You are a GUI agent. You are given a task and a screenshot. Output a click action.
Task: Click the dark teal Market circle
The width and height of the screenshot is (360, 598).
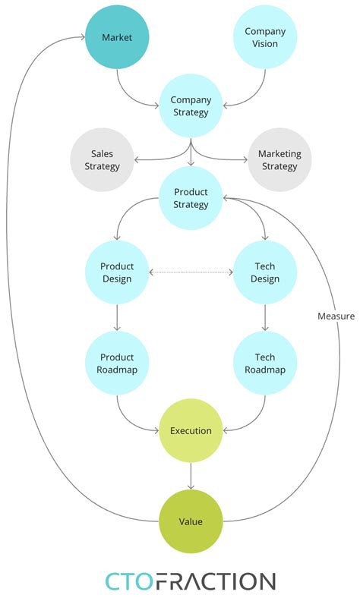[117, 38]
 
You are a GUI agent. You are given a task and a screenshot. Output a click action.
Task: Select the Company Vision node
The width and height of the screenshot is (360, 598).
[265, 38]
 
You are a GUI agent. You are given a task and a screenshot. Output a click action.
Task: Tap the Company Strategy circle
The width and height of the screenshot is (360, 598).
[191, 106]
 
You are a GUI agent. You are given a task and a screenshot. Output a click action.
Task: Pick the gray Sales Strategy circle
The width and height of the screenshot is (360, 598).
[102, 160]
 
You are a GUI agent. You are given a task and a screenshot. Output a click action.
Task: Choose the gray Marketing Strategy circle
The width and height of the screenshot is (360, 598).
[279, 160]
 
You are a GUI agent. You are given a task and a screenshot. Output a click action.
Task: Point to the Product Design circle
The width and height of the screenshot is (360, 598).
[117, 272]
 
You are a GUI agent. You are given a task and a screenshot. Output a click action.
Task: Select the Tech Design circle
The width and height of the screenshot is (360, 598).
[264, 272]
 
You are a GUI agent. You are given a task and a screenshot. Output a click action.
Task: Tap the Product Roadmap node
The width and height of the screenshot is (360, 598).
[117, 364]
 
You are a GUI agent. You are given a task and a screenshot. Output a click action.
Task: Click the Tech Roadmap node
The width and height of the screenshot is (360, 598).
[264, 364]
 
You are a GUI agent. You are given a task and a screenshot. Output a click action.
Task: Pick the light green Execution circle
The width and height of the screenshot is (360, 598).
[191, 431]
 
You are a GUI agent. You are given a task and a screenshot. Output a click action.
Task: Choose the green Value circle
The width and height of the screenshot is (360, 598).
[191, 521]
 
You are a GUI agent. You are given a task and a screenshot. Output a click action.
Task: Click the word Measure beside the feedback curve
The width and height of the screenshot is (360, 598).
[336, 316]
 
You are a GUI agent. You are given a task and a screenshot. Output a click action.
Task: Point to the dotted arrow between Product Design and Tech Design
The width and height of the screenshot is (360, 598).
[191, 272]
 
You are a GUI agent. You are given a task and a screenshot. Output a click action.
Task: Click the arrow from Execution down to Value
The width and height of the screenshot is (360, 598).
[191, 476]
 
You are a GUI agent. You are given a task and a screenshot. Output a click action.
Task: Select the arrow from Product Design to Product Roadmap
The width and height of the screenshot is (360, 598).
[117, 318]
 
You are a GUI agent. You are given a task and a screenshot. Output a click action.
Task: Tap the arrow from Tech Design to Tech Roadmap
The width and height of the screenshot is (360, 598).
[264, 318]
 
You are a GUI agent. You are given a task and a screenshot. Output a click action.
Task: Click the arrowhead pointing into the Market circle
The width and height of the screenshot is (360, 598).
[81, 38]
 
